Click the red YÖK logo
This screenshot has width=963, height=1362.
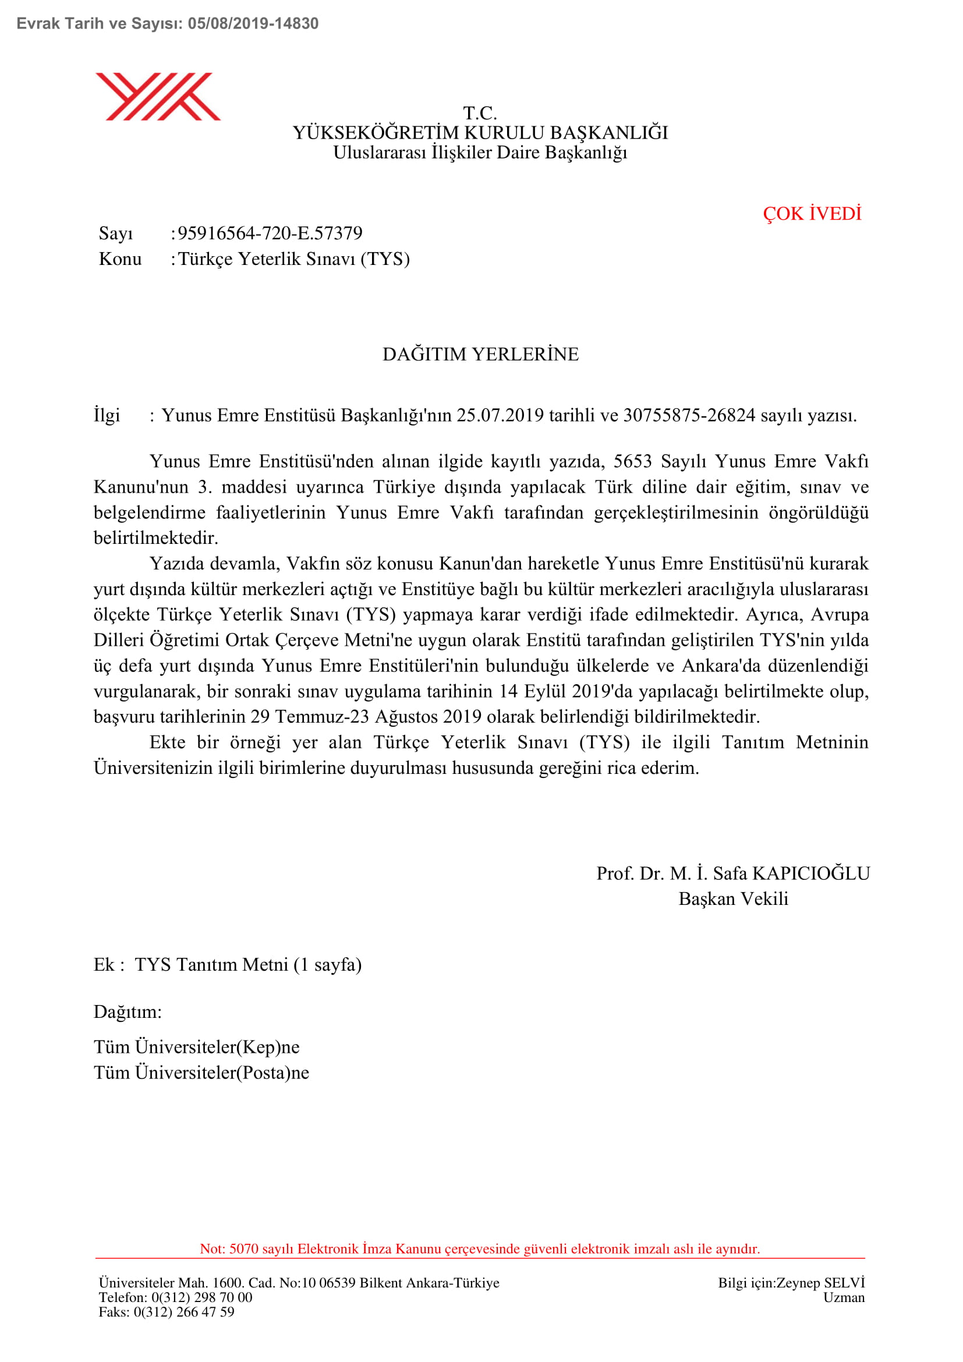(x=158, y=97)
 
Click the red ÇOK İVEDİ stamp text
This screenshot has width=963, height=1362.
(x=812, y=214)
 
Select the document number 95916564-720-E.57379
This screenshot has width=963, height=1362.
(x=270, y=233)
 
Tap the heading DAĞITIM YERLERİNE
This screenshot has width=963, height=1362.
(x=480, y=354)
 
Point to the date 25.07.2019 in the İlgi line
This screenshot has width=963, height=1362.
(x=500, y=415)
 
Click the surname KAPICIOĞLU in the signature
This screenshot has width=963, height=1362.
(x=810, y=873)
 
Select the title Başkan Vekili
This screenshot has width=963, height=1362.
(x=734, y=898)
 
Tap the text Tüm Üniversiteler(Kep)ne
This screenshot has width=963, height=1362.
(x=196, y=1047)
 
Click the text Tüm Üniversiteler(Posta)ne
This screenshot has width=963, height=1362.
(x=201, y=1073)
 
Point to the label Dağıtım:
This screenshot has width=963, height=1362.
(x=128, y=1011)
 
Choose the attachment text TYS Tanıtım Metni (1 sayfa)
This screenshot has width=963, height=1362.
(x=248, y=964)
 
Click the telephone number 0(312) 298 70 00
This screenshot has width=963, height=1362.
(x=201, y=1297)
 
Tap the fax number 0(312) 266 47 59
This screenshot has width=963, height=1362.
(x=184, y=1311)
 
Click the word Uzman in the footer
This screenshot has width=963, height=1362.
(x=844, y=1297)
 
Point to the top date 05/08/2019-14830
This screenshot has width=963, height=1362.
(x=253, y=24)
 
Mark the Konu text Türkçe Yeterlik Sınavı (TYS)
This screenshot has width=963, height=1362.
(x=294, y=259)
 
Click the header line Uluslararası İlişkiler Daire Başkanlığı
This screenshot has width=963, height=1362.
(x=480, y=153)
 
